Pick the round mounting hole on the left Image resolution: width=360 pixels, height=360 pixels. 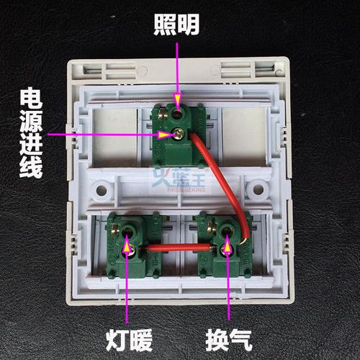[x=102, y=192]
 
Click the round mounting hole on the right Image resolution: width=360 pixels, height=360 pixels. [x=255, y=192]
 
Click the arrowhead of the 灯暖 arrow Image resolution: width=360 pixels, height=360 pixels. [x=128, y=248]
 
